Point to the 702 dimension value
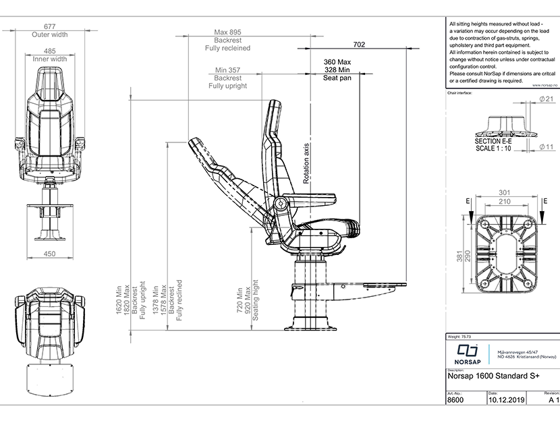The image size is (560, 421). pyautogui.click(x=359, y=45)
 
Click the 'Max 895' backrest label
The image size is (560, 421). pyautogui.click(x=227, y=32)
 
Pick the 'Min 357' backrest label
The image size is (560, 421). pyautogui.click(x=227, y=69)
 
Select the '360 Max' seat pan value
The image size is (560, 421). pyautogui.click(x=337, y=62)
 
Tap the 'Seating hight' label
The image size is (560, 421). pyautogui.click(x=256, y=306)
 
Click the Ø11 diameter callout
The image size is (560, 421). pyautogui.click(x=547, y=146)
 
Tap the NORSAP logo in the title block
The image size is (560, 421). pyautogui.click(x=466, y=354)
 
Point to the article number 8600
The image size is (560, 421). pyautogui.click(x=455, y=399)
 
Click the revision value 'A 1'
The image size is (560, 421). pyautogui.click(x=555, y=399)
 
